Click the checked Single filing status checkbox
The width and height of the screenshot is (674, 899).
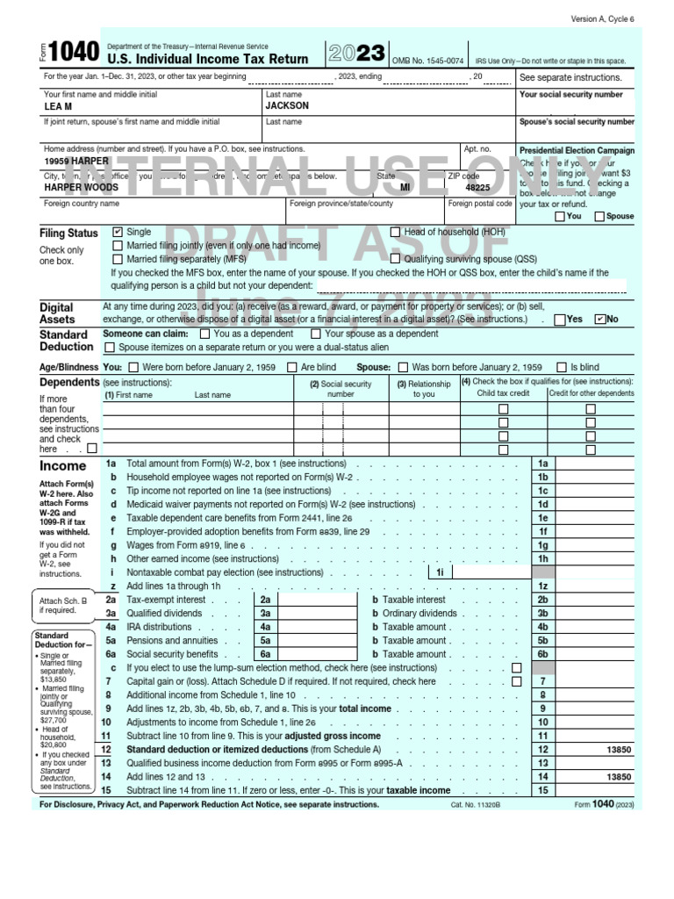pyautogui.click(x=118, y=232)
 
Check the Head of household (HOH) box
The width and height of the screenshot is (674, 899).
pyautogui.click(x=396, y=232)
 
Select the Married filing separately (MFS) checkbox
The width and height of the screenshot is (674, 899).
pyautogui.click(x=118, y=259)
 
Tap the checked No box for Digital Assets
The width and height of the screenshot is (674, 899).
pyautogui.click(x=600, y=320)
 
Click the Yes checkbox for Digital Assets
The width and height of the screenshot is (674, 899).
pyautogui.click(x=561, y=320)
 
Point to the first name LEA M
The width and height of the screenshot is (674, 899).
pyautogui.click(x=58, y=106)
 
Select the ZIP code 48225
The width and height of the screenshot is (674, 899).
pyautogui.click(x=477, y=188)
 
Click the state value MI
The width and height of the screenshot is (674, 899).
pyautogui.click(x=405, y=188)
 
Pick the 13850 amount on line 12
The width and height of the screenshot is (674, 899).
pyautogui.click(x=618, y=750)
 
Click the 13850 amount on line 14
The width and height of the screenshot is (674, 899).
pyautogui.click(x=618, y=777)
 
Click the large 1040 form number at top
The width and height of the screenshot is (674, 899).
pyautogui.click(x=75, y=54)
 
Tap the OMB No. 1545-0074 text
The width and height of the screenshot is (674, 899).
pyautogui.click(x=428, y=61)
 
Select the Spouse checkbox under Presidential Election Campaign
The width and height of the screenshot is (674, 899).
pyautogui.click(x=599, y=216)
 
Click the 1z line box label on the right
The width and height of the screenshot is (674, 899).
pyautogui.click(x=543, y=586)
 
